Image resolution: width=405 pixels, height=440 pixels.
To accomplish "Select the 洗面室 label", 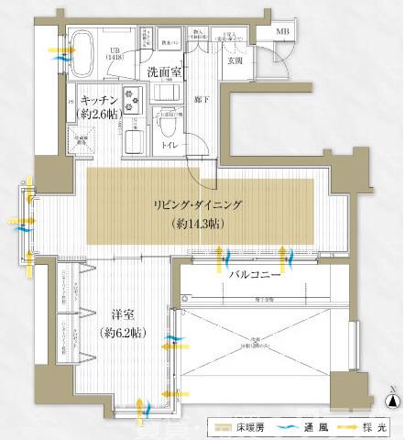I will click(163, 71).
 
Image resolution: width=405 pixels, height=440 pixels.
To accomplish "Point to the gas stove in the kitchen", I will click(129, 97).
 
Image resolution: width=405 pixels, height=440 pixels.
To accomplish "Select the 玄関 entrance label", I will click(234, 62).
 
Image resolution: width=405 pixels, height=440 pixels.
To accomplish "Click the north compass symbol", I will click(392, 399).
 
